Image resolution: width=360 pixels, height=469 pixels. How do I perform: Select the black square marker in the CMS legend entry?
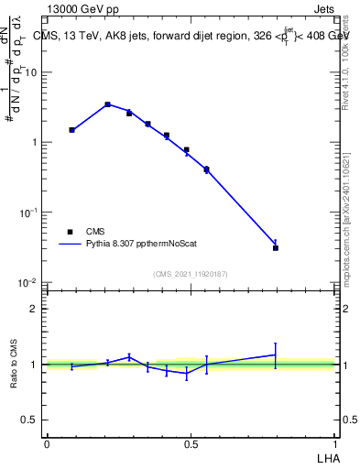pos(70,232)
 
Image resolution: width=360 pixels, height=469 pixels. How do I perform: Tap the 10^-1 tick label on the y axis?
pos(29,213)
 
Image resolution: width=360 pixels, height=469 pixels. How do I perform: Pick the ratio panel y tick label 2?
pos(34,309)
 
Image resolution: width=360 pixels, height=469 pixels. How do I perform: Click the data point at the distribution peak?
pos(107,104)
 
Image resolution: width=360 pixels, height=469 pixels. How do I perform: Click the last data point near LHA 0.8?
pos(276,247)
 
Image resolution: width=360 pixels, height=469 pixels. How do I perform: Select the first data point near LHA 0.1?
pos(71,130)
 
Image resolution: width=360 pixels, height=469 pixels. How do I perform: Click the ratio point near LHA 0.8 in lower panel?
pos(276,354)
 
